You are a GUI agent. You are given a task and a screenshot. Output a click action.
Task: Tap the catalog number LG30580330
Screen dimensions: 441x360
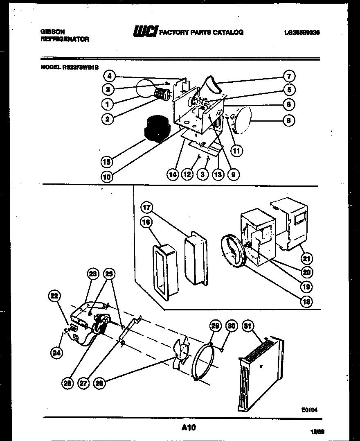[301, 32]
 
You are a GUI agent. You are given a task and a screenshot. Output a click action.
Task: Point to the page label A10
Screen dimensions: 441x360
[188, 427]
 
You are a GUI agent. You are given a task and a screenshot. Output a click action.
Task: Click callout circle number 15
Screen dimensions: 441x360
[107, 162]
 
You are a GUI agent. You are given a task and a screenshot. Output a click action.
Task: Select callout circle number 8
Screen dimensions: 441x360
[289, 120]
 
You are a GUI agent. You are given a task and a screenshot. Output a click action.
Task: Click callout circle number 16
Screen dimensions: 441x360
[146, 222]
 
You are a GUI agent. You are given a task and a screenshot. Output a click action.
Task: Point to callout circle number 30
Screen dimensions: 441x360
[232, 326]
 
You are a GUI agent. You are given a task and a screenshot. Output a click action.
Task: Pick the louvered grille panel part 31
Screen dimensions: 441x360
[260, 373]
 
